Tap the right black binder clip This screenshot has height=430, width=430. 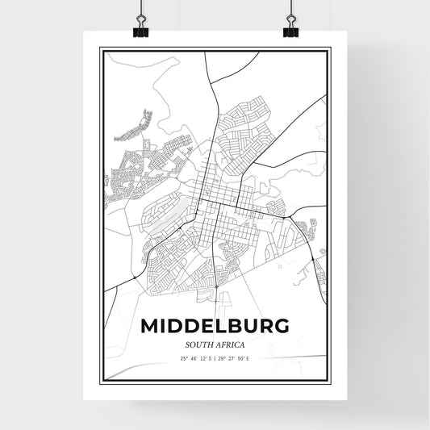290,31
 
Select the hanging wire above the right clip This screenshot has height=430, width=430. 290,10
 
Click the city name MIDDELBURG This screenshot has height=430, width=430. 215,327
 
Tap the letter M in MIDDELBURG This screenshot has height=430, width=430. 151,327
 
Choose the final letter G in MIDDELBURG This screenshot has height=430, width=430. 280,327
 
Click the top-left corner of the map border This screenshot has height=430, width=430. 101,48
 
